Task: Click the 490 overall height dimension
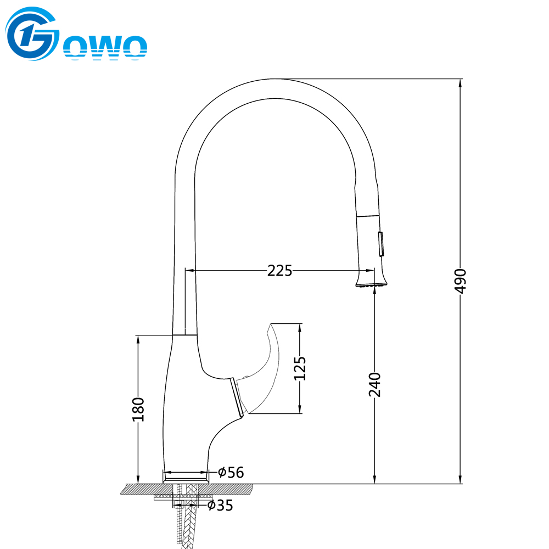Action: [460, 281]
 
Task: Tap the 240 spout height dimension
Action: [374, 384]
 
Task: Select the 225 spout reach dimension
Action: [279, 271]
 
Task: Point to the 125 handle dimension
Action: [300, 368]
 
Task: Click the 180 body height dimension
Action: [138, 410]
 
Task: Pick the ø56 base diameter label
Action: [231, 472]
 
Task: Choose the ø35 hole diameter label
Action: [220, 505]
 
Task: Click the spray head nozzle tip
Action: [372, 284]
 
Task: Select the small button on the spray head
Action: [381, 244]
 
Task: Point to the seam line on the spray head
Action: [368, 216]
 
